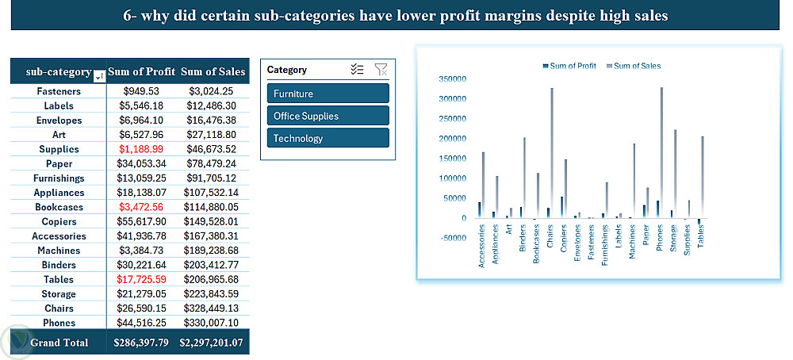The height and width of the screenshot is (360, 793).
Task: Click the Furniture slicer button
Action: (328, 94)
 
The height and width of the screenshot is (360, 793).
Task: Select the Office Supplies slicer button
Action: (328, 116)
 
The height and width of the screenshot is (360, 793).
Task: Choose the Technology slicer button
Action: (328, 138)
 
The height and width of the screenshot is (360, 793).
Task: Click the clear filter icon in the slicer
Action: (381, 70)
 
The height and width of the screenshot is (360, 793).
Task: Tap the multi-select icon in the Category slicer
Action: (357, 70)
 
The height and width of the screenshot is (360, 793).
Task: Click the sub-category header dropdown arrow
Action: (98, 76)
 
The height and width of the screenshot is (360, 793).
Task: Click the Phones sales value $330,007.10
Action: (212, 323)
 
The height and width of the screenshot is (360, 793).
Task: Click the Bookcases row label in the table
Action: (58, 207)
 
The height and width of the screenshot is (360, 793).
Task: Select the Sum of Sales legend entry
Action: (637, 66)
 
